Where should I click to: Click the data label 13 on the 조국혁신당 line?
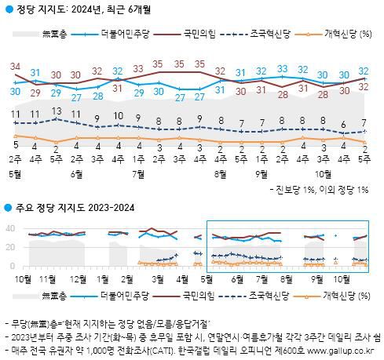(x=56, y=111)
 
